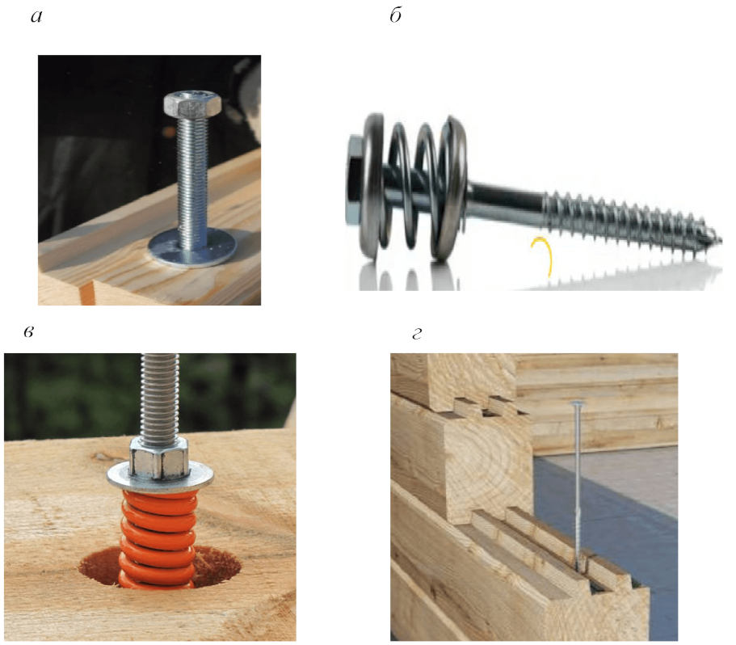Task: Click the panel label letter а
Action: pyautogui.click(x=36, y=17)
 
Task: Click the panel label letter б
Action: pyautogui.click(x=396, y=15)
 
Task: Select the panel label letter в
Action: pyautogui.click(x=28, y=332)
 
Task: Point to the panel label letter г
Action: pyautogui.click(x=416, y=334)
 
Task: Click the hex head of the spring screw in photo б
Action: pyautogui.click(x=355, y=179)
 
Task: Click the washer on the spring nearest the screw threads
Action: pyautogui.click(x=451, y=188)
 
